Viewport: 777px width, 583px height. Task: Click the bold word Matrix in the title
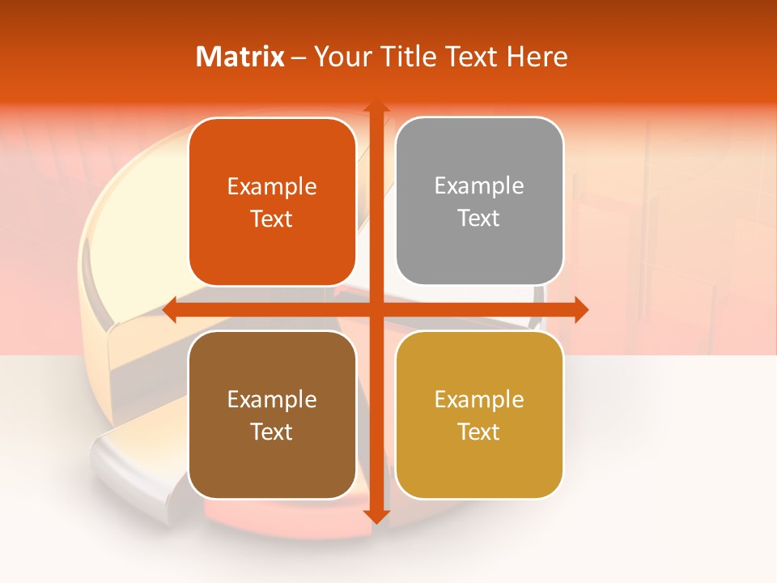tap(240, 57)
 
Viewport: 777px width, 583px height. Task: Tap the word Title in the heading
tap(409, 57)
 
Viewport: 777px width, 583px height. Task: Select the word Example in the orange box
tap(272, 187)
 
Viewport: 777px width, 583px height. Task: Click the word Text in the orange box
tap(272, 219)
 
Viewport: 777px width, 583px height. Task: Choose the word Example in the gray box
tap(479, 186)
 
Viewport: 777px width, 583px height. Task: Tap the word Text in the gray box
tap(479, 219)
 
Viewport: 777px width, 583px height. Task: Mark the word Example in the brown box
tap(272, 400)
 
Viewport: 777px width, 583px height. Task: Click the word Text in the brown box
tap(272, 432)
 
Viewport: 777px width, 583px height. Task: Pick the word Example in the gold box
tap(479, 400)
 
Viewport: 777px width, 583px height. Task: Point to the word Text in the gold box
tap(479, 432)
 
